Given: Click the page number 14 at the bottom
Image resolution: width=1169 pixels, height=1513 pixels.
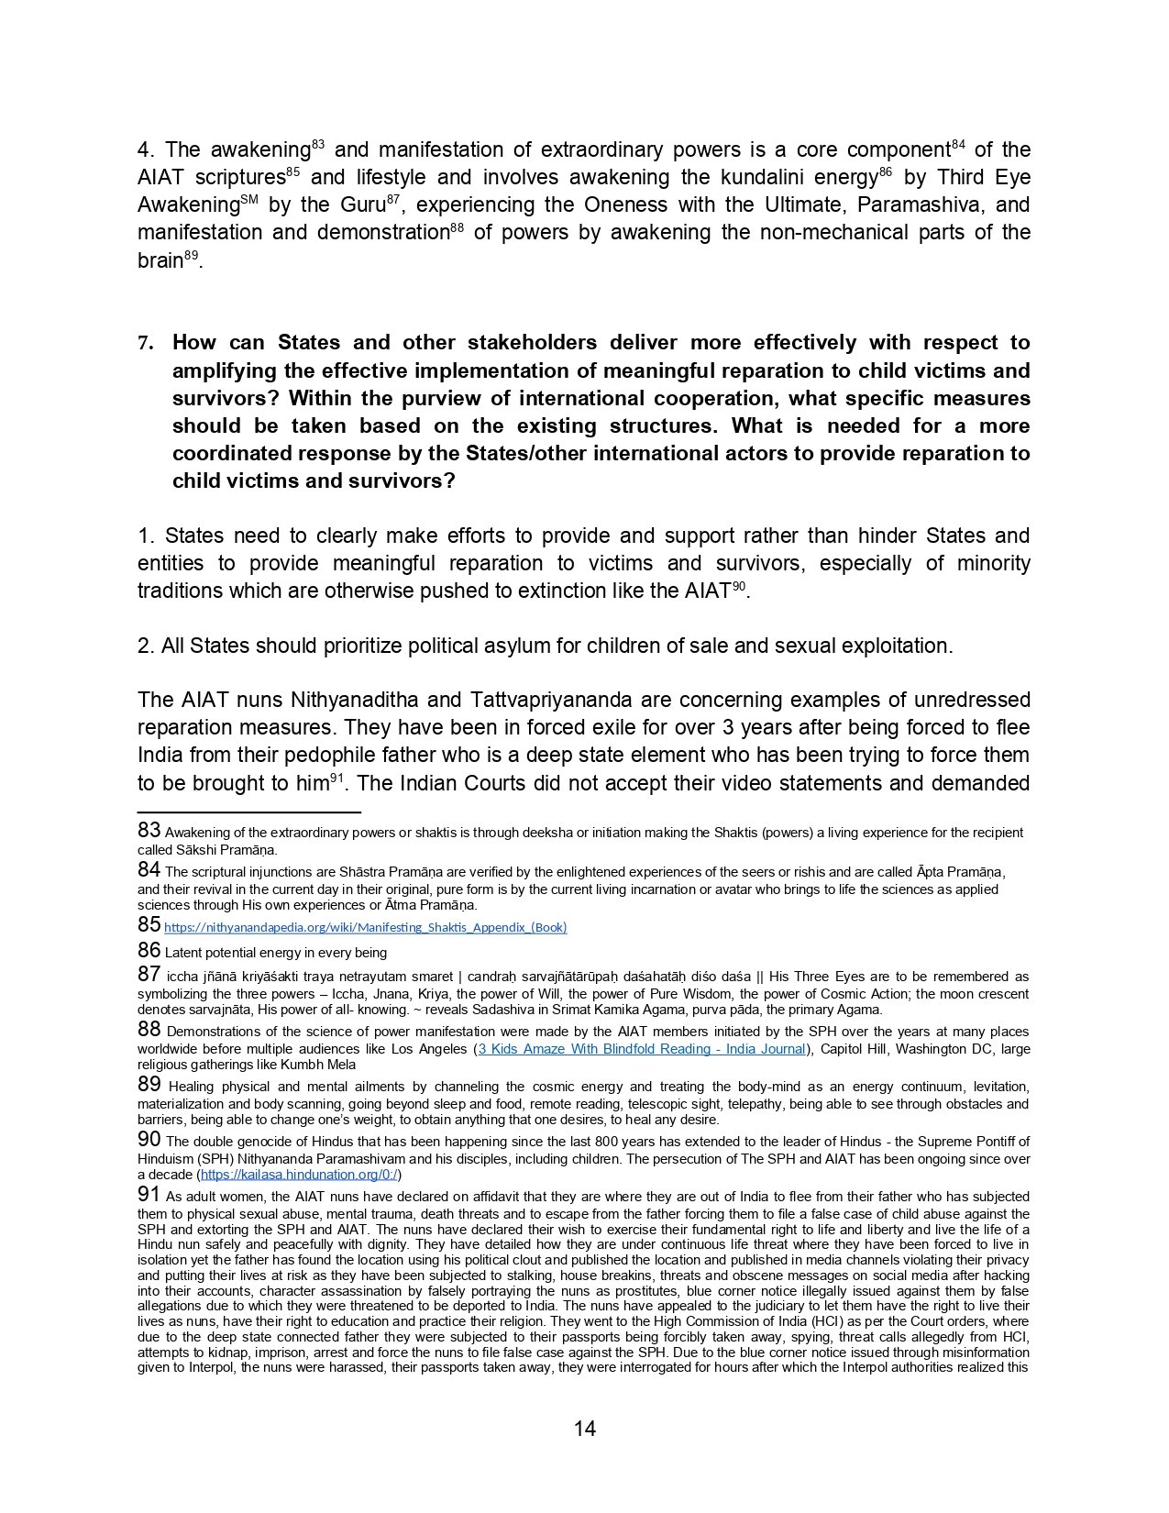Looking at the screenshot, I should tap(584, 1429).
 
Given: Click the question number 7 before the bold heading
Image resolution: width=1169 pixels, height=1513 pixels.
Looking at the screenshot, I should tap(144, 344).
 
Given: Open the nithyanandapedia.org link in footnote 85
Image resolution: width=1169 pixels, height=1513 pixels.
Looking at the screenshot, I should tap(365, 927).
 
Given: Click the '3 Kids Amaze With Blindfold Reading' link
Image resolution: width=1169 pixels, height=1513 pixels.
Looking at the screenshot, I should tap(641, 1049).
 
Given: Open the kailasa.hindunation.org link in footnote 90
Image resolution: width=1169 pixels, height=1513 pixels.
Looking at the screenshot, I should tap(299, 1175).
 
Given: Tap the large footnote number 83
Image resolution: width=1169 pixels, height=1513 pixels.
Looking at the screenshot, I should tap(149, 830).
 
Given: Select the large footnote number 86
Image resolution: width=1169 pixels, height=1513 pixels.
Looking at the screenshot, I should tap(149, 950).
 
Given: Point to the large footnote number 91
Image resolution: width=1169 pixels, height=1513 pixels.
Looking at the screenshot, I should tap(149, 1194).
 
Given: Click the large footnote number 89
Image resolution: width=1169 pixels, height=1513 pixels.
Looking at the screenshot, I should tap(149, 1084).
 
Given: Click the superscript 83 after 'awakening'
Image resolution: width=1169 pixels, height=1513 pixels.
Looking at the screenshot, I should tap(318, 144).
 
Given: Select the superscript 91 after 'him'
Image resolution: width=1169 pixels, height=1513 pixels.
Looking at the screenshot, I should tap(336, 778).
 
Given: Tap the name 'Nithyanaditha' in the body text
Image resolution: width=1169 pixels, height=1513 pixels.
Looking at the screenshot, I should tap(355, 701).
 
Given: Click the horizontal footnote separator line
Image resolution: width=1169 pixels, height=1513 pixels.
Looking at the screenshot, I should tap(248, 812).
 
